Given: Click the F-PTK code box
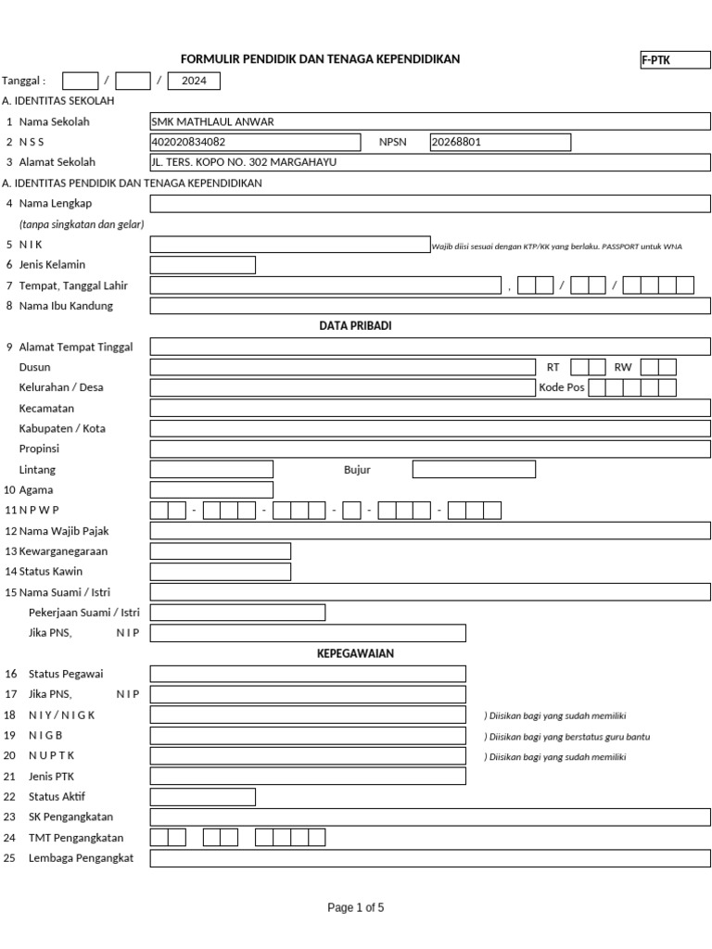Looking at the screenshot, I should click(x=674, y=60).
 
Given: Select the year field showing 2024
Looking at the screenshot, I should click(x=194, y=81).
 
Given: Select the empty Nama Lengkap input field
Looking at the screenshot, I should click(x=430, y=204).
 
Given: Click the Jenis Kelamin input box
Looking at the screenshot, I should click(x=202, y=265).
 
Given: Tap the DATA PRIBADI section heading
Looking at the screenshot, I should click(x=355, y=326).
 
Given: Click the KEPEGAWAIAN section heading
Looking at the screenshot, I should click(x=355, y=653).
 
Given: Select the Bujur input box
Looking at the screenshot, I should click(x=473, y=470).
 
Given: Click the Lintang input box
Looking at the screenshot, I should click(x=211, y=470).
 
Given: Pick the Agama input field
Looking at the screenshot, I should click(x=211, y=489).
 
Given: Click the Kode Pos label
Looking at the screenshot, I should click(x=561, y=387).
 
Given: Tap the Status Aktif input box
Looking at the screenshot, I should click(x=202, y=797).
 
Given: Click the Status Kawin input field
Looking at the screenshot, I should click(x=221, y=572).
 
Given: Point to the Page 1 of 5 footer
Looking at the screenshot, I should click(x=355, y=908).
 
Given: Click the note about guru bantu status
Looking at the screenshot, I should click(x=566, y=737).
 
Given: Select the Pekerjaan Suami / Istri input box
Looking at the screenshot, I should click(x=237, y=613).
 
